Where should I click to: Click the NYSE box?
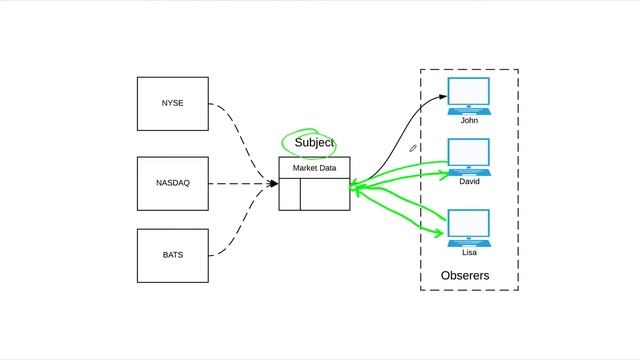coord(173,103)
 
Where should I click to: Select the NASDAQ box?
coord(173,183)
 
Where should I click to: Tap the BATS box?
coord(173,255)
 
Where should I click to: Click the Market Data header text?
coord(314,168)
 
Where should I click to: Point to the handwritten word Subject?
coord(314,143)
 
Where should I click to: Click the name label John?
coord(469,120)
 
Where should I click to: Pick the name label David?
coord(469,182)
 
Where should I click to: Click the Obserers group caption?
coord(465,275)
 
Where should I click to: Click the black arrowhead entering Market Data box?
coord(272,183)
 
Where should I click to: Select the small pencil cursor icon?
coord(413,148)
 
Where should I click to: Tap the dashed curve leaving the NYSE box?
coord(239,130)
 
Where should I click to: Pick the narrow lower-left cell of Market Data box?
coord(289,199)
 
